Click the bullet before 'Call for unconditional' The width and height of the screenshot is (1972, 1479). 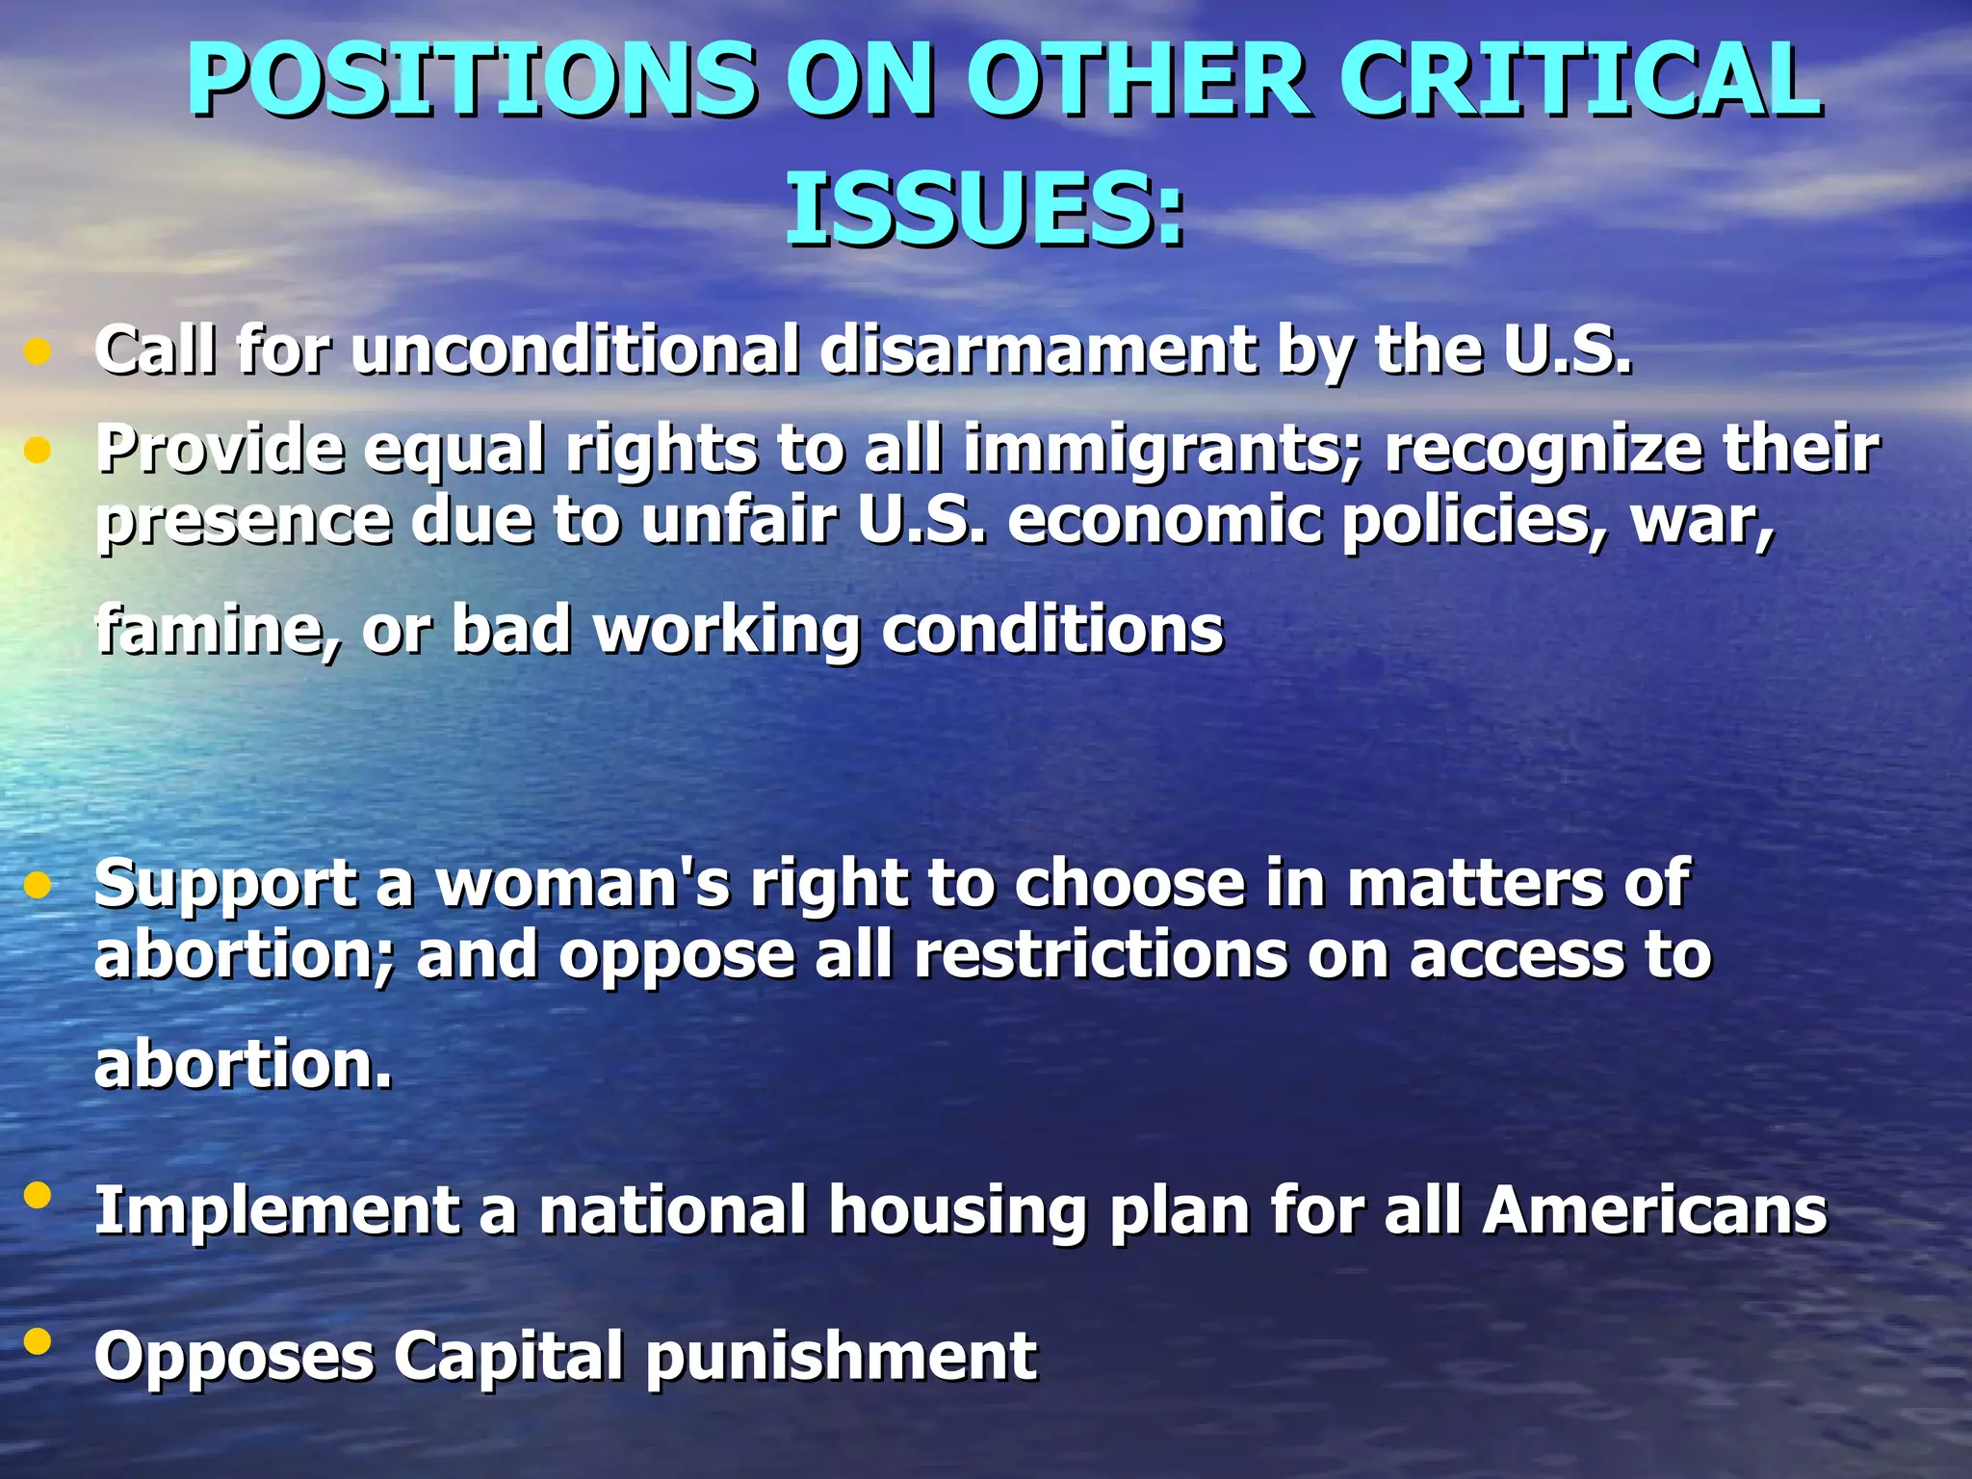point(37,351)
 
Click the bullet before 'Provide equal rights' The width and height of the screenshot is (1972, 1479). point(37,450)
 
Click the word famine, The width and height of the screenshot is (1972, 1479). point(220,630)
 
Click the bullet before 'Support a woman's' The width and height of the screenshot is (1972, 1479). point(37,885)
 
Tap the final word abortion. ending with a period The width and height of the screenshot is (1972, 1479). point(244,1065)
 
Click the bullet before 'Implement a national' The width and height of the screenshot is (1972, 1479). point(37,1195)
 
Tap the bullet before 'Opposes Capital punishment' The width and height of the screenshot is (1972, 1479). point(37,1340)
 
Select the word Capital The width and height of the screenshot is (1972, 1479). point(509,1357)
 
